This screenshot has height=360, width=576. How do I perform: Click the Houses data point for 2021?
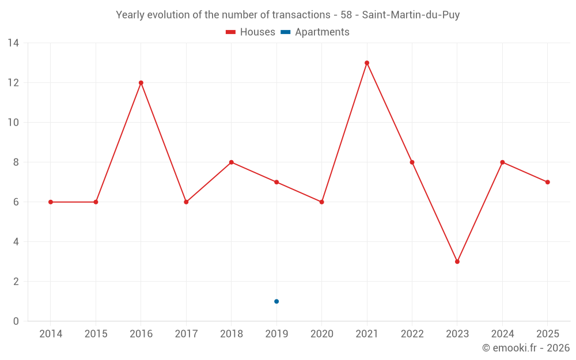point(367,63)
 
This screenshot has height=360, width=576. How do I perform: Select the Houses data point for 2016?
point(141,83)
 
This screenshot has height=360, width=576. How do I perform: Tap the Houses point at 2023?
point(457,262)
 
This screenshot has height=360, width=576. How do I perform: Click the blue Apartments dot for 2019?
point(276,301)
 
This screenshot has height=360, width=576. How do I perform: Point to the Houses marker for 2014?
point(51,202)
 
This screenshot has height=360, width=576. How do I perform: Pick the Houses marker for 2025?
point(548,182)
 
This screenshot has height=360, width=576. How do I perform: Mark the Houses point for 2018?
point(232,162)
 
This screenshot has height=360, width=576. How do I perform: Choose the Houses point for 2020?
point(322,202)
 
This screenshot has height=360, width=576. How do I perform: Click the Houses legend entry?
point(251,32)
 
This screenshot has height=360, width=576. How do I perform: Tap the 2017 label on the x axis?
point(186,334)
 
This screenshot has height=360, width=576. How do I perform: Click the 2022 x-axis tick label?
point(412,334)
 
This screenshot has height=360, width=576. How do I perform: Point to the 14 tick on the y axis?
point(13,43)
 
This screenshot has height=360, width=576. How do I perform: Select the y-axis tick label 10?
point(13,123)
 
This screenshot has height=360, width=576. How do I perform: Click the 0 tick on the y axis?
point(16,321)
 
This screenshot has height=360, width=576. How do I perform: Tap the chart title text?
point(288,15)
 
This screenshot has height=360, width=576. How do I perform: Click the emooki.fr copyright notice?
point(526,348)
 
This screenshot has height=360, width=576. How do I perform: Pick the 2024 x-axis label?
point(502,334)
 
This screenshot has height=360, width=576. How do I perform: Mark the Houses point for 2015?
point(96,202)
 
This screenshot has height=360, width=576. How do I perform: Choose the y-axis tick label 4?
point(16,242)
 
